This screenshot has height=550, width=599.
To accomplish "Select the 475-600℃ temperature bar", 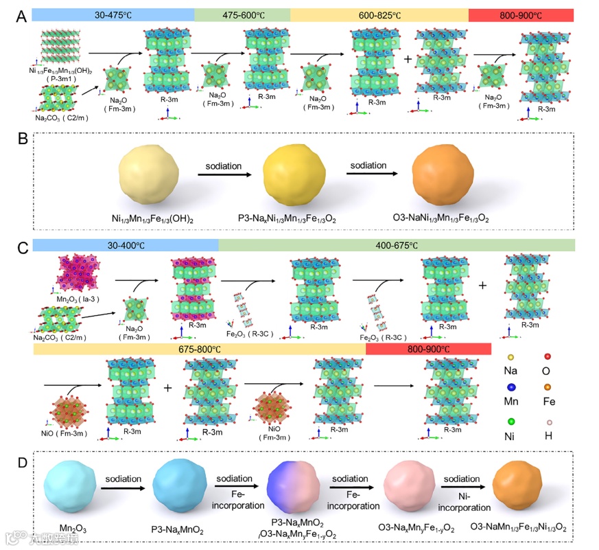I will point(242,15).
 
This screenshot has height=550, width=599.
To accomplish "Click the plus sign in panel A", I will point(408,59).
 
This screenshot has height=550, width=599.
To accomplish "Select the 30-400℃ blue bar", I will point(125,245).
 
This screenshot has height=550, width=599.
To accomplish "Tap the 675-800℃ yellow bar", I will point(199,350).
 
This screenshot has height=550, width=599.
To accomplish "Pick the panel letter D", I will point(21,461).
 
